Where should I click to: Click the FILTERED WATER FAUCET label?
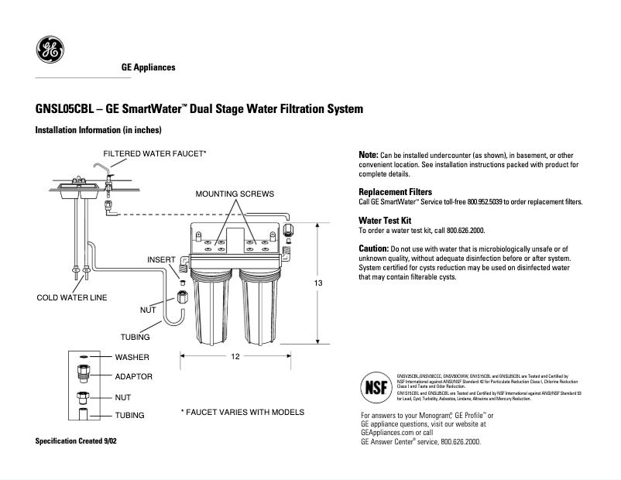(x=155, y=153)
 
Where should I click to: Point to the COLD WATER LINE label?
(x=72, y=297)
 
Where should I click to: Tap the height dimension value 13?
(x=317, y=283)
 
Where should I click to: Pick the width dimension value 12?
(x=235, y=356)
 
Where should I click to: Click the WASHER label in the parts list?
(x=132, y=358)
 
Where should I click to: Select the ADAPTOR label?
(x=133, y=377)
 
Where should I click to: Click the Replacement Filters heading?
(x=395, y=191)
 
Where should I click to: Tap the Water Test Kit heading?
(x=389, y=221)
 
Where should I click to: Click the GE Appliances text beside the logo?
(x=149, y=67)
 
